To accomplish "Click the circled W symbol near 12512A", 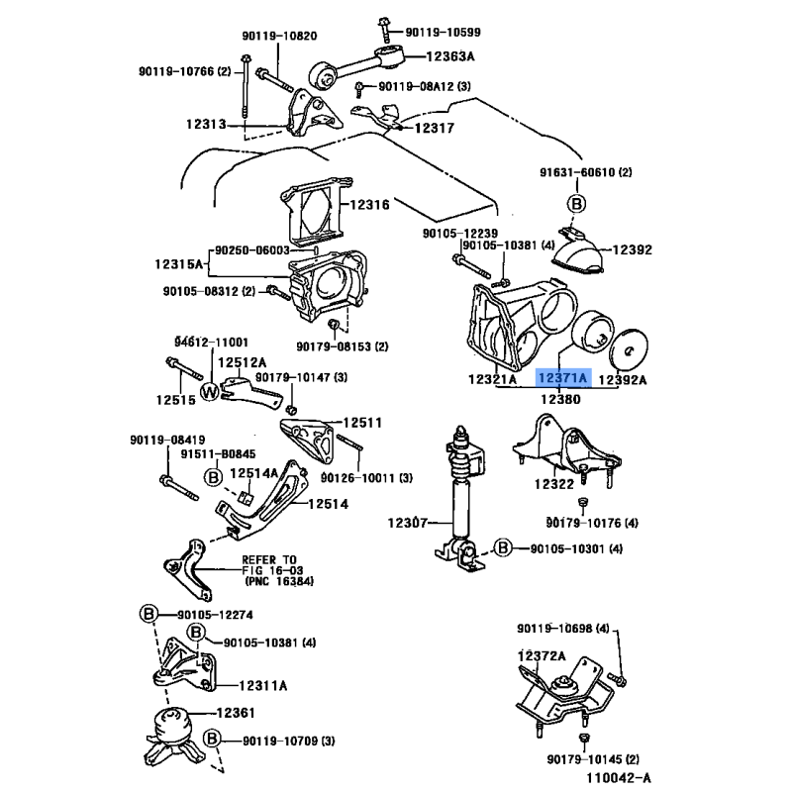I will tap(209, 391).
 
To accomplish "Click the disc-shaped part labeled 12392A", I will tap(626, 350).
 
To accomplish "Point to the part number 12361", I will tap(237, 713).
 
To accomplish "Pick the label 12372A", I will tap(540, 656).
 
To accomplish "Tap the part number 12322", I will tap(554, 485).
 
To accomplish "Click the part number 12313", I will tap(205, 125).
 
